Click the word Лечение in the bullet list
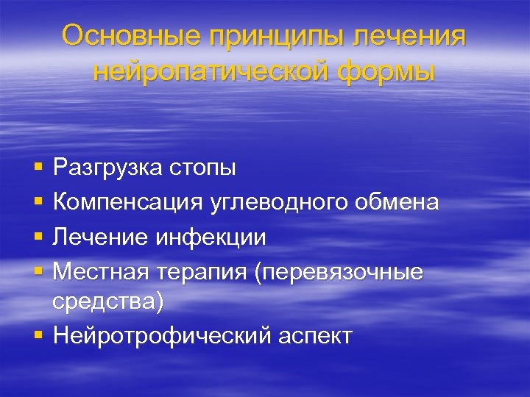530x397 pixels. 102,237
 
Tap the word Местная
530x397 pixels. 102,271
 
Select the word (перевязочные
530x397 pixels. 339,271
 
